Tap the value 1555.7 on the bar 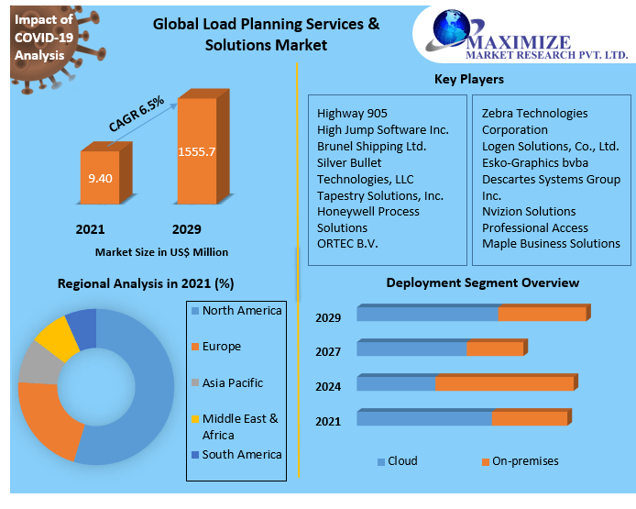197,151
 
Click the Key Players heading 469,80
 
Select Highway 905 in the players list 352,114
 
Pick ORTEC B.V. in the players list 347,243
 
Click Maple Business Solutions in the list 551,243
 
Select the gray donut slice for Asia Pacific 38,363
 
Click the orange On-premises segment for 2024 506,383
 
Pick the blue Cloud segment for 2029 427,315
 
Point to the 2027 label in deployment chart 328,351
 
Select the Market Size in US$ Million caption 161,251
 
